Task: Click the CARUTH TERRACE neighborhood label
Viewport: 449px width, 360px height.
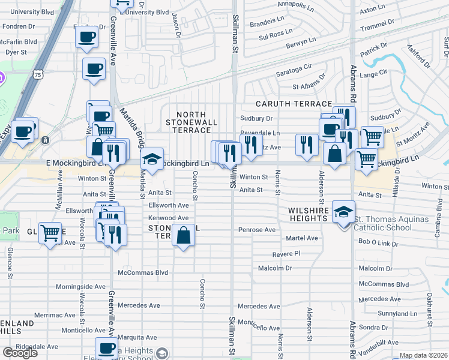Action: [x=293, y=104]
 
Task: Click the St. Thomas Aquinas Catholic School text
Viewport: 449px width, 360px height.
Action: [x=391, y=223]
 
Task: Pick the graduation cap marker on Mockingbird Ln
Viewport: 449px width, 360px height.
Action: [x=152, y=160]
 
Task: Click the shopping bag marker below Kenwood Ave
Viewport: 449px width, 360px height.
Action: [x=183, y=236]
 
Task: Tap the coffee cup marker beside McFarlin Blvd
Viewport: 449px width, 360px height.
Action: [x=86, y=38]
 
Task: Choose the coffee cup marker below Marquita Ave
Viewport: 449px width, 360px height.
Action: [x=107, y=348]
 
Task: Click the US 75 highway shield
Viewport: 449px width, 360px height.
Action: [x=38, y=75]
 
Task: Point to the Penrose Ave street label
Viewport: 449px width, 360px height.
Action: [x=256, y=230]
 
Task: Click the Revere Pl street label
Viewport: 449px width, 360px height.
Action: [x=286, y=254]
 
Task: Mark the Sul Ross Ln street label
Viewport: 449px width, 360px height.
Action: [x=276, y=35]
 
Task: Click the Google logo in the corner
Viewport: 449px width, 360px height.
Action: [x=20, y=352]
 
